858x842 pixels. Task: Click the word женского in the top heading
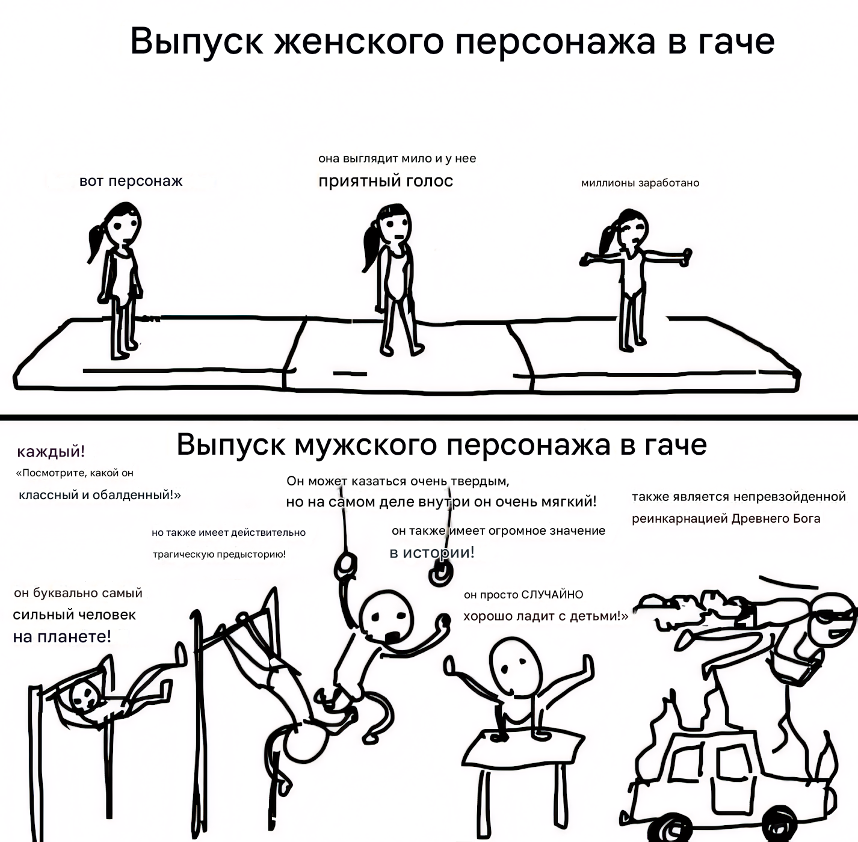tap(359, 41)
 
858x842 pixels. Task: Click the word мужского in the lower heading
tap(366, 445)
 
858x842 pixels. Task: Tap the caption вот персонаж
tap(131, 181)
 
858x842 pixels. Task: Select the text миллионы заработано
tap(640, 183)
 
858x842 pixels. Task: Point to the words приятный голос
tap(386, 181)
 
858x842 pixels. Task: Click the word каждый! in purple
tap(51, 452)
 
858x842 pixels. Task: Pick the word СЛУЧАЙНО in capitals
tap(552, 594)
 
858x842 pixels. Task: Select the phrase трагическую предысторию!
tap(219, 555)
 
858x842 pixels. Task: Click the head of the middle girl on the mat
tap(394, 226)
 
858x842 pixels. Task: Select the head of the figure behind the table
tap(516, 666)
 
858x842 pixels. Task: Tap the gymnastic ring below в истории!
tap(441, 574)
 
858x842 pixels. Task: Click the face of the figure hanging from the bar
tap(84, 698)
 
